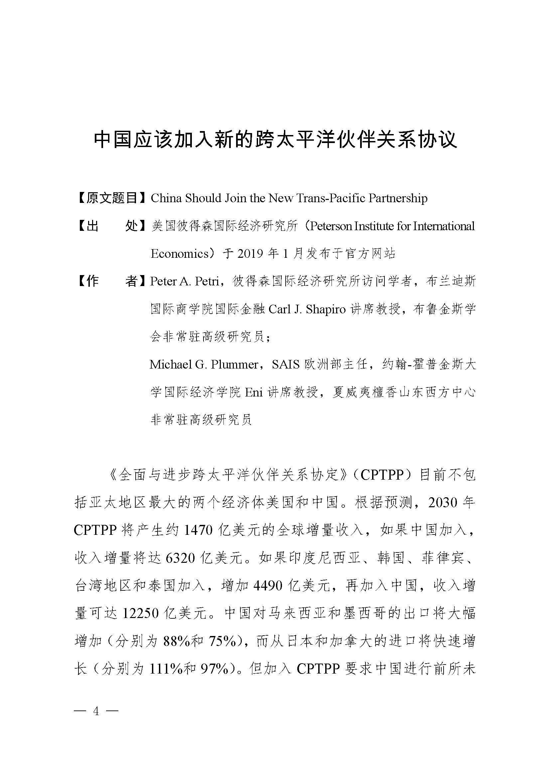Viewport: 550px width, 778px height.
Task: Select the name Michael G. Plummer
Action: click(204, 364)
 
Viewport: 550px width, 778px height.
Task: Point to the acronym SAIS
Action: click(286, 364)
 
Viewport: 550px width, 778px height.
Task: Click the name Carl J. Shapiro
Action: click(307, 309)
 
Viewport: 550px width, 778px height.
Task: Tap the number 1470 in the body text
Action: click(198, 530)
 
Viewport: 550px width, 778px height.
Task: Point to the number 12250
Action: click(140, 613)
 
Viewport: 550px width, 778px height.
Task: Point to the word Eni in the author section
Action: click(254, 392)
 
